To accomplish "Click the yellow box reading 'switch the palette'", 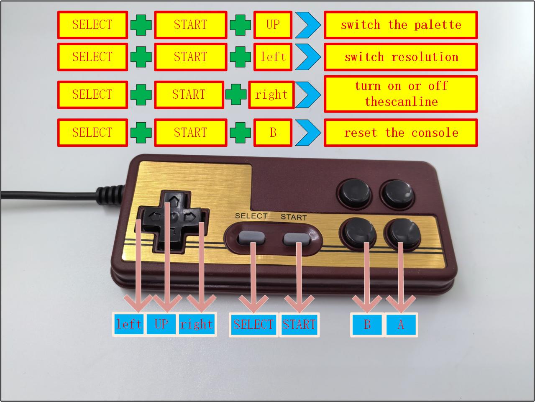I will (401, 25).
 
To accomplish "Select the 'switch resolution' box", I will (401, 57).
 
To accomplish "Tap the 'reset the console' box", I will (401, 133).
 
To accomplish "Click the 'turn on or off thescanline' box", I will (401, 94).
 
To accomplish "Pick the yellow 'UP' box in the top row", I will (273, 25).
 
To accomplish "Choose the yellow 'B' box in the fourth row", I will (273, 133).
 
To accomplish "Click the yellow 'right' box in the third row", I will (271, 95).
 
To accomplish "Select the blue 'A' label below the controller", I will (401, 324).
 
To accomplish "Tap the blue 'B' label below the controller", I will (367, 324).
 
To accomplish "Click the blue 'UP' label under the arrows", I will (161, 324).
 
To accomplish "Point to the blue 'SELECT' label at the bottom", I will (253, 325).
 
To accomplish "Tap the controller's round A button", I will (402, 233).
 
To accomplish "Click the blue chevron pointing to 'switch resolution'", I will (308, 57).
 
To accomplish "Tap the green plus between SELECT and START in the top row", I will (141, 25).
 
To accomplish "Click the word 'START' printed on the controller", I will (294, 217).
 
